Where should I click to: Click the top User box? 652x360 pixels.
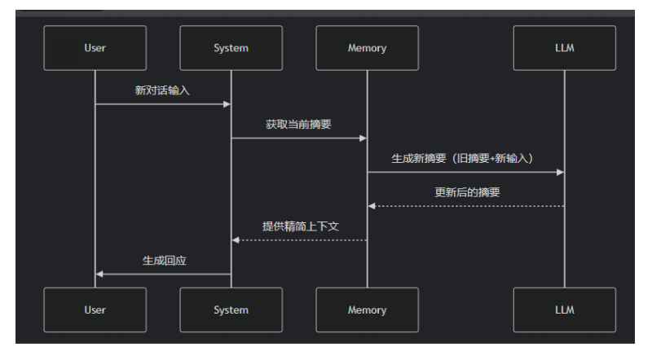(x=95, y=48)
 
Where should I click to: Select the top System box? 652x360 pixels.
(x=231, y=48)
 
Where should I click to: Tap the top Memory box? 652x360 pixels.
(x=367, y=48)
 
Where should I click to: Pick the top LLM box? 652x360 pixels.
(x=564, y=48)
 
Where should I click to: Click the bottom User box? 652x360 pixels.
(x=95, y=310)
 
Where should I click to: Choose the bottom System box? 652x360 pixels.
(x=231, y=310)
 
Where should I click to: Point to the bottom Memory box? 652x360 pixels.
(x=367, y=310)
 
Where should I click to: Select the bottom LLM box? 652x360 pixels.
(x=564, y=310)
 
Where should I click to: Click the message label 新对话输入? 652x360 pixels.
(x=162, y=90)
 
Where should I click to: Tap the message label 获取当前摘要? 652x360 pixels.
(x=298, y=125)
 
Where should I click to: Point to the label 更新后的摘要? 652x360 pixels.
(x=467, y=192)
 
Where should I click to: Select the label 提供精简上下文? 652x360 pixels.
(x=300, y=226)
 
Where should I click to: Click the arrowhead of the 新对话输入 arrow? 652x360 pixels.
(x=227, y=104)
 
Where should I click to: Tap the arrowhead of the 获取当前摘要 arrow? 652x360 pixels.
(x=363, y=138)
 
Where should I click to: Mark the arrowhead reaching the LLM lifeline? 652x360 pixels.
(x=560, y=172)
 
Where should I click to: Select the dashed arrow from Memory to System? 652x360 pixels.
(x=300, y=240)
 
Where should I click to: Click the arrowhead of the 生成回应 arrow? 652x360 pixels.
(x=99, y=274)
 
